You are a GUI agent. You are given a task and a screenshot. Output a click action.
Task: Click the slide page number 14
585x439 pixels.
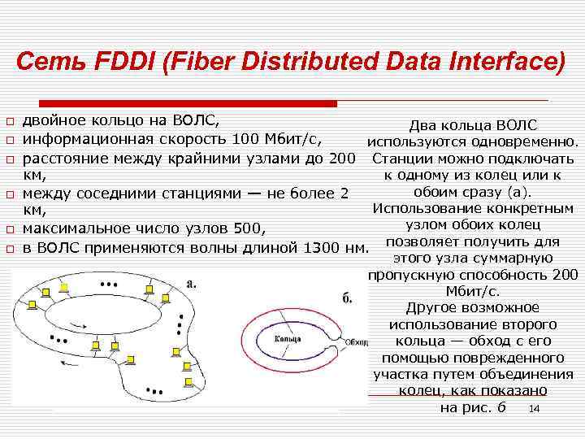[534, 409]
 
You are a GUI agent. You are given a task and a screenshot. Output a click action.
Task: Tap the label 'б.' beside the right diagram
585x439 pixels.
[346, 298]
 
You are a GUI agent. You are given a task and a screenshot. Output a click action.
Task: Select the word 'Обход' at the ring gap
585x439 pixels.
[357, 341]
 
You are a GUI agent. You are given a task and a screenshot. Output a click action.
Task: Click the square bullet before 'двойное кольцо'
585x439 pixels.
[10, 123]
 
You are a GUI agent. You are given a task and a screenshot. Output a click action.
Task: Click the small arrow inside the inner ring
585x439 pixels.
[77, 325]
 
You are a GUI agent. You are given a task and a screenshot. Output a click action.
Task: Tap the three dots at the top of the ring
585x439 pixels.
[106, 285]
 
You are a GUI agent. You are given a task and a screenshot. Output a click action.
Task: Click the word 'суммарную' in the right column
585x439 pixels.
[513, 259]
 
